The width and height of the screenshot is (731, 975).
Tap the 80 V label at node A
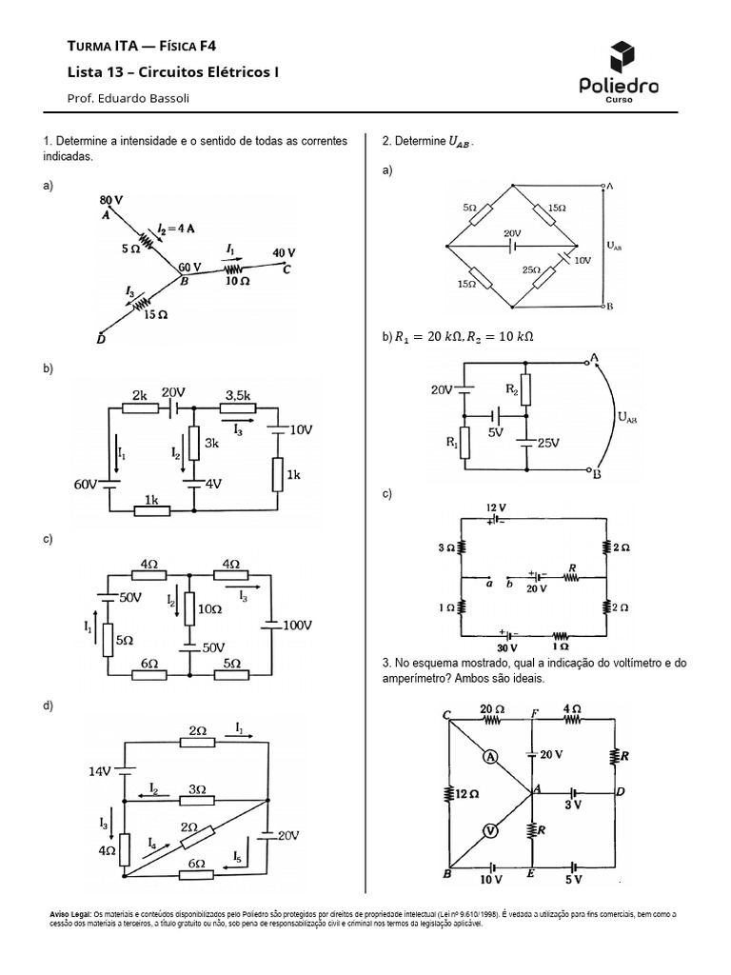pos(111,200)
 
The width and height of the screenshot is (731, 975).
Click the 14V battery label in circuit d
pos(102,772)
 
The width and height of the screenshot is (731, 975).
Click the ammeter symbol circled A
pos(489,757)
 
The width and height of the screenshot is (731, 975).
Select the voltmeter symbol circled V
pos(489,829)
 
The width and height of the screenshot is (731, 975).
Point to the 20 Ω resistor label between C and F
pos(491,708)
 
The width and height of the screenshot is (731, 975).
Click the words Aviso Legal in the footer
pos(70,913)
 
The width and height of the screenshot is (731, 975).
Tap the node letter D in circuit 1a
pos(102,337)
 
